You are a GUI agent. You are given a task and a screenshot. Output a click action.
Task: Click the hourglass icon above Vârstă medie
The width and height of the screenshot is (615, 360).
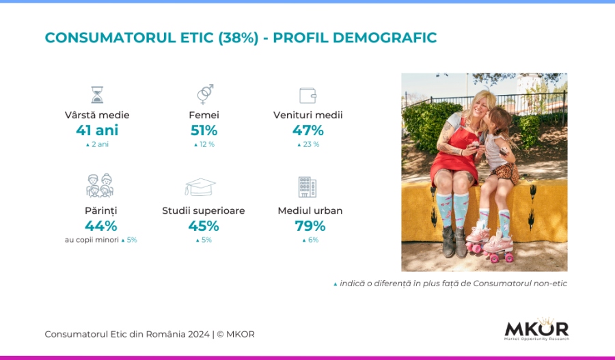(97, 95)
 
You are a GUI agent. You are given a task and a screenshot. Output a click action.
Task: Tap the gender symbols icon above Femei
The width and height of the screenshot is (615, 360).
(205, 94)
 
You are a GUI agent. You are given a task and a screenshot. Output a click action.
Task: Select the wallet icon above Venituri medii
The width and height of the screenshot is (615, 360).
(308, 96)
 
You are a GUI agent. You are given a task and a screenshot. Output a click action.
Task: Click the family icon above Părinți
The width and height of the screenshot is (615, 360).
(100, 185)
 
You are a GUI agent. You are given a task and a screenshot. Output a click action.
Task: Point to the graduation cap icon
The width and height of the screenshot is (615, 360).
(200, 186)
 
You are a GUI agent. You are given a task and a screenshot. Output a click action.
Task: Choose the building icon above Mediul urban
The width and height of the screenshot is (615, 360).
(307, 187)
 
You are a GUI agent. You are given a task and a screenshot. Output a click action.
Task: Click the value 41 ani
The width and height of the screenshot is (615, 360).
(97, 130)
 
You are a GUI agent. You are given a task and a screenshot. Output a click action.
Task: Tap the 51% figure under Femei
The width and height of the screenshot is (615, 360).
(204, 130)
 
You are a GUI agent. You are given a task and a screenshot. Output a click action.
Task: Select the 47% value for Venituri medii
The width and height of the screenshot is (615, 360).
(308, 130)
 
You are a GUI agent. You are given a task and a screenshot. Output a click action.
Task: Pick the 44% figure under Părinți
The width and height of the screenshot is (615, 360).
(101, 226)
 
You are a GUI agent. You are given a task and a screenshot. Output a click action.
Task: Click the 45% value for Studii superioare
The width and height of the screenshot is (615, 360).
(204, 226)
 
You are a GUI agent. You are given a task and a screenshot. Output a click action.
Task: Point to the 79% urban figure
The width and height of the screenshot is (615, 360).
(310, 226)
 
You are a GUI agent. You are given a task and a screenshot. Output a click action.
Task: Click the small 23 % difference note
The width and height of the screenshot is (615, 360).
(311, 144)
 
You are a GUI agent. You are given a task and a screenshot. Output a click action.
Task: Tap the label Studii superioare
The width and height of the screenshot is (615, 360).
(204, 210)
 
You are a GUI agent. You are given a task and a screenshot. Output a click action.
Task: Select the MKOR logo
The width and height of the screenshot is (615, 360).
(536, 329)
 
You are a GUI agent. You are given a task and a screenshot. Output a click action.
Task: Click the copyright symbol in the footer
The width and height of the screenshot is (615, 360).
(220, 335)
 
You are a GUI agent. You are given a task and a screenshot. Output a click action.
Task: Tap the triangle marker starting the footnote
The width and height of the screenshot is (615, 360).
(336, 284)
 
